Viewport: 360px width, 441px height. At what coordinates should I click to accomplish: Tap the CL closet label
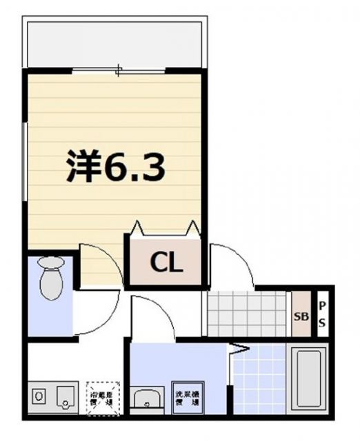click(166, 262)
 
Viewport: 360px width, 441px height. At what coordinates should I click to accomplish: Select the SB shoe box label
click(301, 318)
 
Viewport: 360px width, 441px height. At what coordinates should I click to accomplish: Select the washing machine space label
click(186, 397)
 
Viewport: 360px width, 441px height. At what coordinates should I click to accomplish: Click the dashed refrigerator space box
click(103, 398)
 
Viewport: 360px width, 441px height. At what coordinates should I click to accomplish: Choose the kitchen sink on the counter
click(64, 396)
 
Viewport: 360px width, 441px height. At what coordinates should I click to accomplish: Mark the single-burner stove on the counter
click(39, 396)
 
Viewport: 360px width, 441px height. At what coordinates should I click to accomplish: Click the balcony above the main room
click(115, 43)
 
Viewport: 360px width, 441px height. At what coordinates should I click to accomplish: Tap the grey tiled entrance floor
click(246, 314)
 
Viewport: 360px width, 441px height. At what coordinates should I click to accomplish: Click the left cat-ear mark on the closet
click(135, 227)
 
